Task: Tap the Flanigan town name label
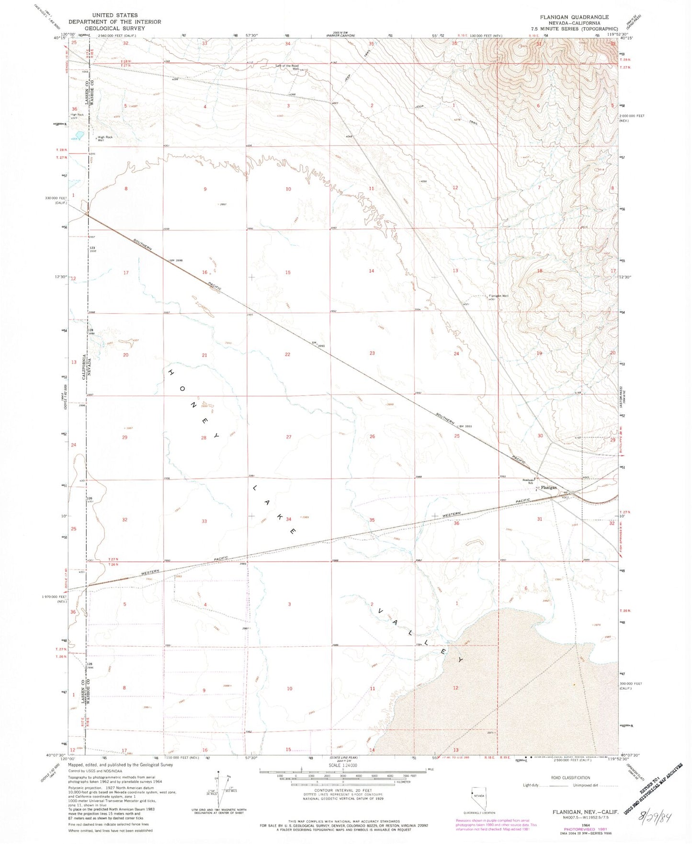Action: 549,488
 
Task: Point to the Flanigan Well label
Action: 499,296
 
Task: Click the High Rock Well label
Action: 105,138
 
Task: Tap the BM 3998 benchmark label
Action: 176,261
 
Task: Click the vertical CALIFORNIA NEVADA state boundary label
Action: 84,366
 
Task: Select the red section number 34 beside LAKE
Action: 288,519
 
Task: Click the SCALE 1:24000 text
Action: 343,766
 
